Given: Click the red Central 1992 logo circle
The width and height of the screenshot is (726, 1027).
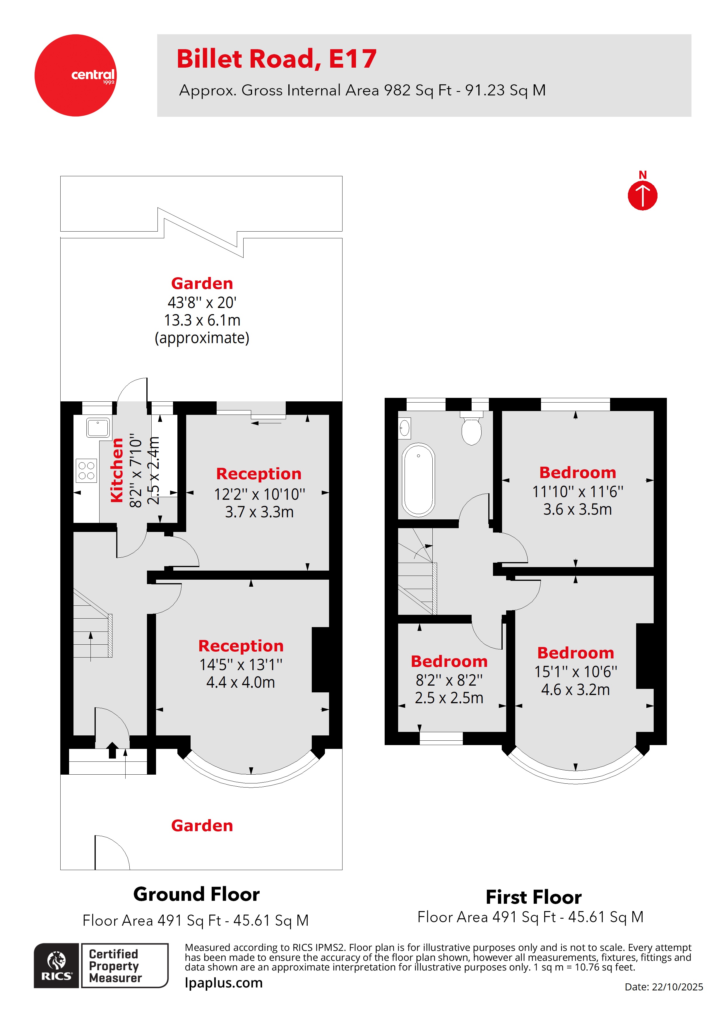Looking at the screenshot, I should point(75,75).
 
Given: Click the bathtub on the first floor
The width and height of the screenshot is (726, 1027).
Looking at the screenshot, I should point(418,480).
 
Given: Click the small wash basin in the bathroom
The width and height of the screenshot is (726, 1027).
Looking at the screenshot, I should point(404,429).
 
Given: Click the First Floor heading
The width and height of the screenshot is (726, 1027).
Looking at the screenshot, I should point(534,897).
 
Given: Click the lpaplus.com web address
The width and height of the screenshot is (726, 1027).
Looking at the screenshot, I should point(224,983).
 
